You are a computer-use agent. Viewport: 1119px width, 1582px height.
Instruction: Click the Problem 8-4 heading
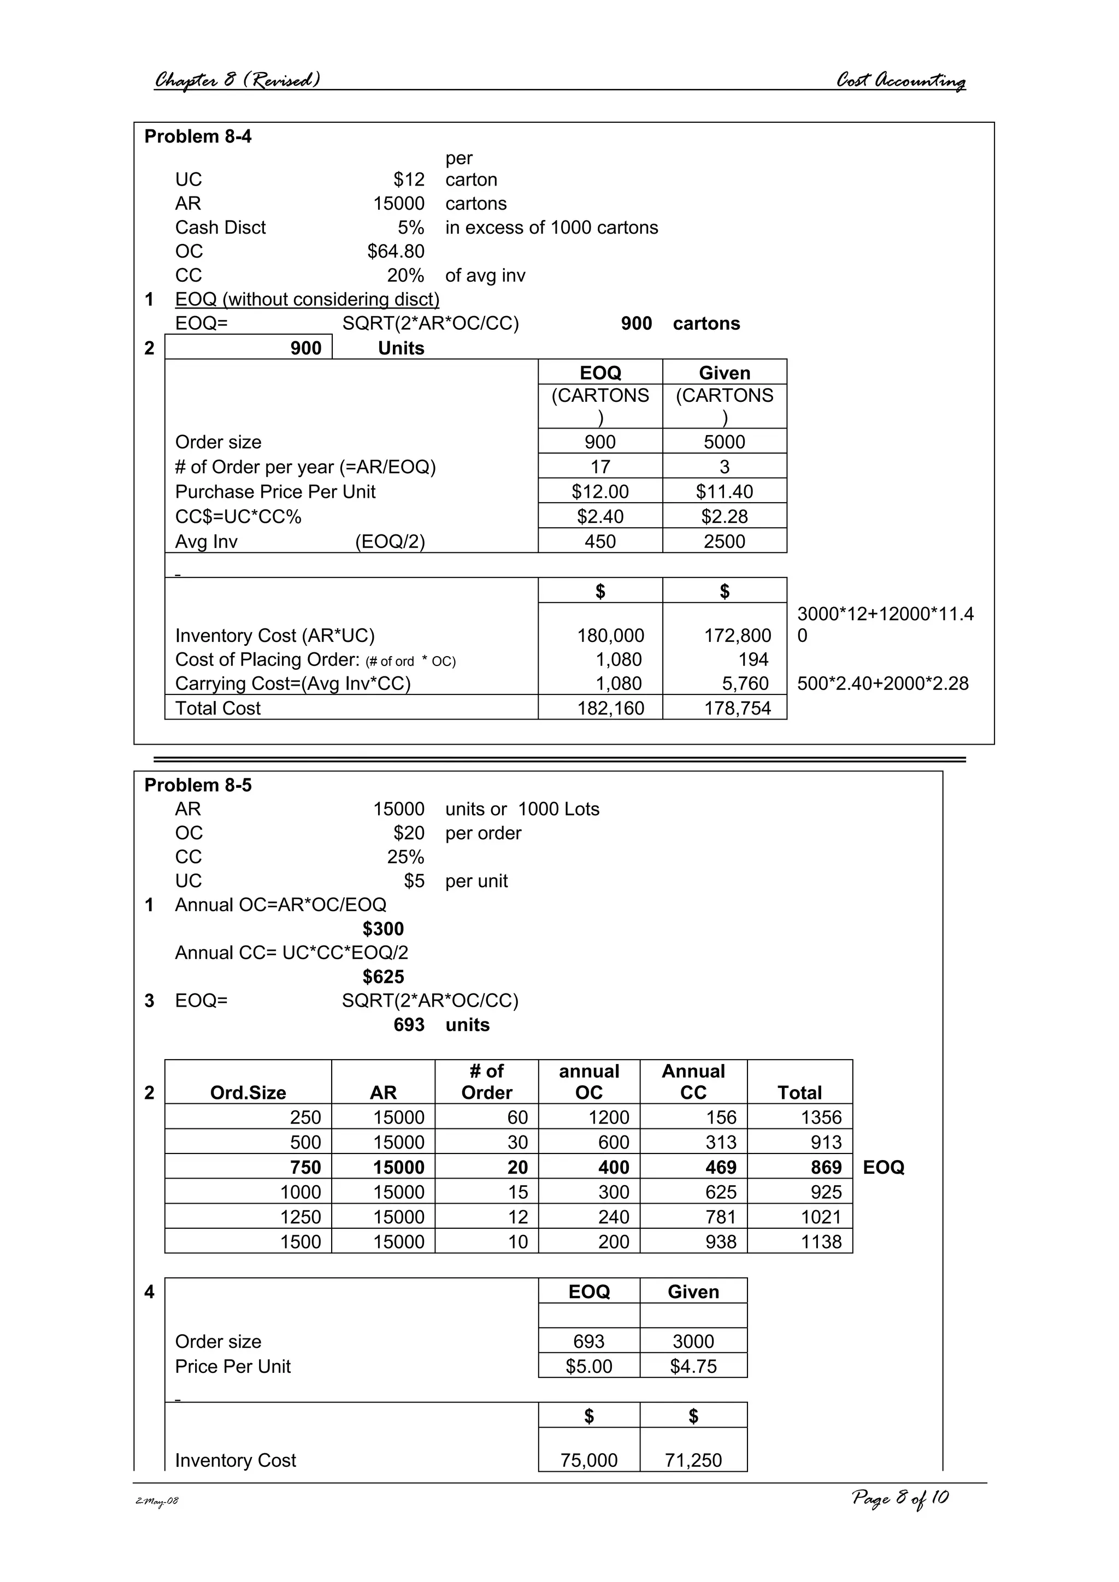click(x=198, y=136)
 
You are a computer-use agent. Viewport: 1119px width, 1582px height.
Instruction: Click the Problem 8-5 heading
click(x=198, y=785)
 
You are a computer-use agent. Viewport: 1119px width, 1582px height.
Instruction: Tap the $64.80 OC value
click(x=396, y=252)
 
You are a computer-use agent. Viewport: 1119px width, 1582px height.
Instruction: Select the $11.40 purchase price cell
click(x=724, y=491)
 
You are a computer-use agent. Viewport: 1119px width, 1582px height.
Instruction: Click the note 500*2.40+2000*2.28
click(x=882, y=683)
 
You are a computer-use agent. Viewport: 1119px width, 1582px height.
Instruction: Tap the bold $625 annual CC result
click(x=384, y=977)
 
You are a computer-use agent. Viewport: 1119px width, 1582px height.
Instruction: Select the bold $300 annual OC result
click(x=384, y=929)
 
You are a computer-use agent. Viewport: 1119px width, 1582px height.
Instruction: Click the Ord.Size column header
click(x=248, y=1092)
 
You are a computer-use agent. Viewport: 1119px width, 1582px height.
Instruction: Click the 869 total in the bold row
click(x=826, y=1167)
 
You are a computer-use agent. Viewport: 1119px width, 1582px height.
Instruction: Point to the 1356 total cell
click(x=821, y=1117)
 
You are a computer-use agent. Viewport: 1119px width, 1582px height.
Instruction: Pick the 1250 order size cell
click(x=301, y=1217)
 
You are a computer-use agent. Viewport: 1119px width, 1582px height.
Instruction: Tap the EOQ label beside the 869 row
click(x=883, y=1167)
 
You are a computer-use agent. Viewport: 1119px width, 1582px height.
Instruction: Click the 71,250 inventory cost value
click(x=693, y=1460)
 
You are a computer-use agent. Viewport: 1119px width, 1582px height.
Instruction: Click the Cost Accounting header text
click(x=900, y=81)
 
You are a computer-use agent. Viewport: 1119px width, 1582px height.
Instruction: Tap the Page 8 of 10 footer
click(x=900, y=1498)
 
